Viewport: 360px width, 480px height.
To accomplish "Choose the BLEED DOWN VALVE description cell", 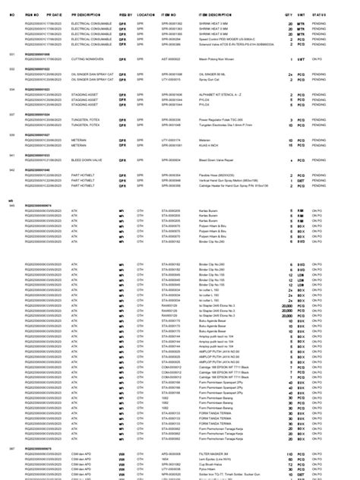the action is click(86, 160).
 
